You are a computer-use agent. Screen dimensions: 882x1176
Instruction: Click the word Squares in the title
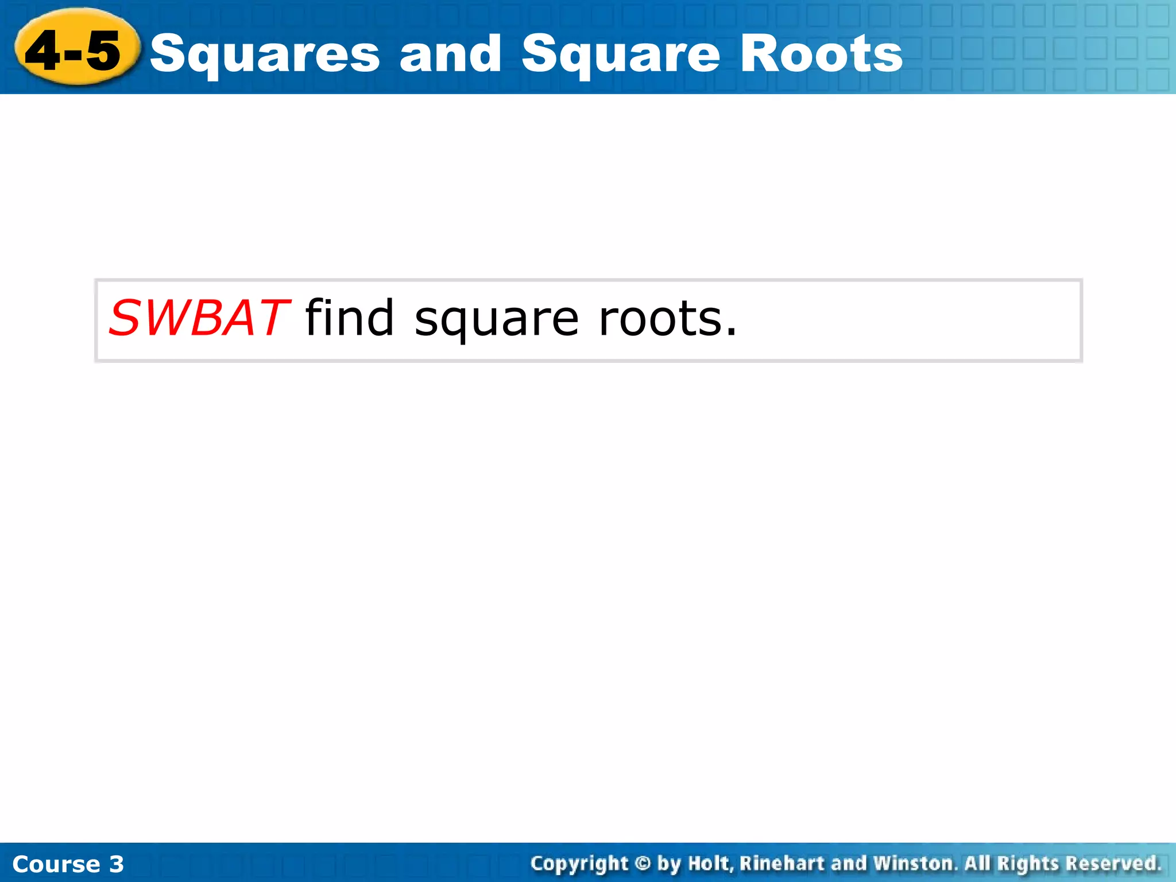(265, 55)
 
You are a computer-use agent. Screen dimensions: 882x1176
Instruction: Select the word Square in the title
(621, 55)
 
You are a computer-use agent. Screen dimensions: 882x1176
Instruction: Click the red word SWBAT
(198, 318)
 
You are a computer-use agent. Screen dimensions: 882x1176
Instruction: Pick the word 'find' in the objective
(350, 318)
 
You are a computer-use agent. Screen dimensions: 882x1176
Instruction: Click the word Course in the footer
(56, 864)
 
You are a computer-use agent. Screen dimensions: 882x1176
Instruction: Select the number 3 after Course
(117, 864)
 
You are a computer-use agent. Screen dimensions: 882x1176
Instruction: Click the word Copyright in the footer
(579, 864)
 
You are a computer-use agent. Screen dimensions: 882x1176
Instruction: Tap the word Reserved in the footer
(1113, 864)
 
